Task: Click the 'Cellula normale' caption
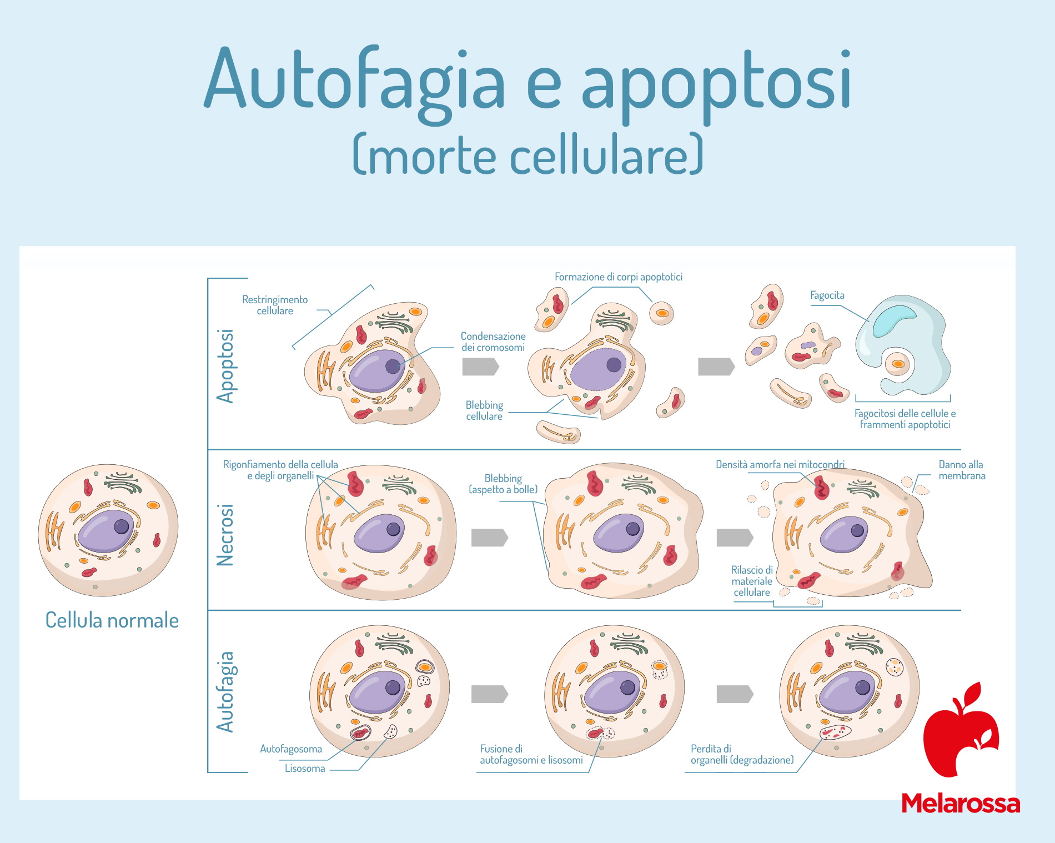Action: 112,620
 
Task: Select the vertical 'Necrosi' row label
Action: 225,535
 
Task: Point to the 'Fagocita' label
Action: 827,295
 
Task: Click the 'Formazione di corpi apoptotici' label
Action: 619,277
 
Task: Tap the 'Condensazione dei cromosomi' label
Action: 493,342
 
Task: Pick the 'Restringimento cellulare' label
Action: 275,305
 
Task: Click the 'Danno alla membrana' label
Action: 962,470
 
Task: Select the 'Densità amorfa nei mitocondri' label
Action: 780,465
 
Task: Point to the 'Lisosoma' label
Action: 305,769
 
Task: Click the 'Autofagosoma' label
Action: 291,749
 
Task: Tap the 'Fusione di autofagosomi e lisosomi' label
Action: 531,754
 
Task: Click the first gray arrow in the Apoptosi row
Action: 481,367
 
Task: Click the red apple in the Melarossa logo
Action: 961,730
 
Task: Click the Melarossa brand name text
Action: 961,803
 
